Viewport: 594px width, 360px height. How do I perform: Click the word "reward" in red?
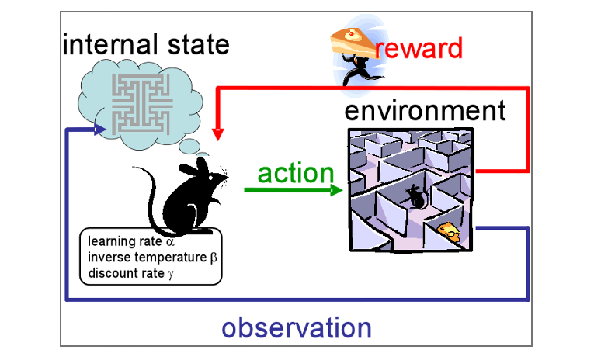tap(419, 48)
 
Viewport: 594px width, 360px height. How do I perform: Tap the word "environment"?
tap(425, 110)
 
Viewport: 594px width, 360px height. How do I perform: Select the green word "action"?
tap(296, 173)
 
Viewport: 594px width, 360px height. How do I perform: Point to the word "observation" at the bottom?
tap(297, 327)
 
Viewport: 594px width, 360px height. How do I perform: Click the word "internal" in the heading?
tap(110, 44)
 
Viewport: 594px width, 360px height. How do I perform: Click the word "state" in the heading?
tap(199, 45)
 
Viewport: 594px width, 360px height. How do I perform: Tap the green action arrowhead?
tap(336, 189)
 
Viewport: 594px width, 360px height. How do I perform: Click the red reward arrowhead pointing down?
tap(218, 134)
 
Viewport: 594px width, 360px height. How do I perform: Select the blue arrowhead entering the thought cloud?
tap(99, 130)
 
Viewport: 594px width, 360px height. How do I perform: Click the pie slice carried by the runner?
tap(353, 42)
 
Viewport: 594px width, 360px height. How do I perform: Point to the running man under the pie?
tap(360, 70)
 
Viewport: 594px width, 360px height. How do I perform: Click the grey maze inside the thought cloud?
tap(142, 104)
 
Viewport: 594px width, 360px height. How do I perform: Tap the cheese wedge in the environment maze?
tap(449, 231)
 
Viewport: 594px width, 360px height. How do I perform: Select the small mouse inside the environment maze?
tap(416, 197)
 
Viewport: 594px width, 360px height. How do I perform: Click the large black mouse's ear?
tap(203, 167)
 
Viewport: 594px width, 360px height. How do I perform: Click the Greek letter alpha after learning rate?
tap(170, 242)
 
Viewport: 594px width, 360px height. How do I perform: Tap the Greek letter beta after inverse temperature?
tap(214, 258)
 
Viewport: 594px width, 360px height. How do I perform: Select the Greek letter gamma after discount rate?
tap(171, 274)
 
